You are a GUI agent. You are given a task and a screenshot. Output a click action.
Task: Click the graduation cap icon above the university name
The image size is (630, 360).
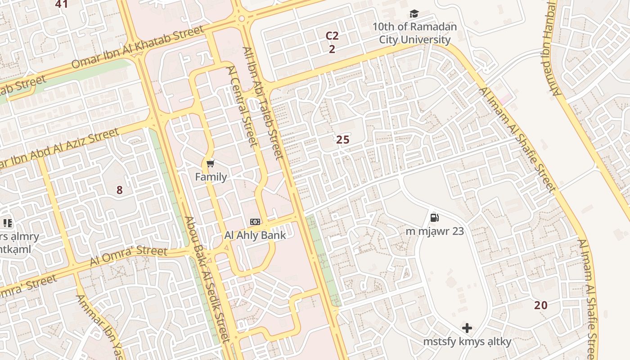(x=414, y=14)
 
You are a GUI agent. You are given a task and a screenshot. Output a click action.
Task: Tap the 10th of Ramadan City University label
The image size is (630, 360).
(x=414, y=33)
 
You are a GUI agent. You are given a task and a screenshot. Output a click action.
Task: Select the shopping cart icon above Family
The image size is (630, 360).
(x=211, y=163)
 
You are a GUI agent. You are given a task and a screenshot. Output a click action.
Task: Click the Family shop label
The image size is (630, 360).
(x=211, y=177)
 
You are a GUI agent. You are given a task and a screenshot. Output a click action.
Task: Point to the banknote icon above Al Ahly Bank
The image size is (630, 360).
(x=255, y=222)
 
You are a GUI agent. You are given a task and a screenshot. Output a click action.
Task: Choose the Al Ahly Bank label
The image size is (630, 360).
(x=255, y=235)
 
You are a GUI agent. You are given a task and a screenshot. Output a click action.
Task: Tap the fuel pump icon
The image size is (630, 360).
(x=435, y=218)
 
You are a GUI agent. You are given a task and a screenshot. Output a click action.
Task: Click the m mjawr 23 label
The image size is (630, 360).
(x=435, y=231)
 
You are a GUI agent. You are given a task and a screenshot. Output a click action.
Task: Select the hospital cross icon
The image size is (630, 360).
(x=467, y=328)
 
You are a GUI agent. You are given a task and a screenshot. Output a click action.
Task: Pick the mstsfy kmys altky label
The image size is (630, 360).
(x=467, y=342)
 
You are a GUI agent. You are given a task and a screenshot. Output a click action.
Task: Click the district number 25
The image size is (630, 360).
(x=343, y=140)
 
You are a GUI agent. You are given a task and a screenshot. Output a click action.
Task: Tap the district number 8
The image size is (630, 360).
(x=119, y=190)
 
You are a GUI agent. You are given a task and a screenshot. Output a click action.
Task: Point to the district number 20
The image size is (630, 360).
(x=541, y=305)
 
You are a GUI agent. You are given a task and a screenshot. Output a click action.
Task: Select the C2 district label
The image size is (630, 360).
(x=332, y=36)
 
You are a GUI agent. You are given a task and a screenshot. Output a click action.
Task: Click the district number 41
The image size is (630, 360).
(x=61, y=4)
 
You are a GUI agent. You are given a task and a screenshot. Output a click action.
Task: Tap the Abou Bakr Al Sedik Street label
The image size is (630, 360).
(x=207, y=279)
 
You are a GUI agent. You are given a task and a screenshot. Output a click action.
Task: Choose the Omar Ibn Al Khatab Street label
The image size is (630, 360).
(x=137, y=47)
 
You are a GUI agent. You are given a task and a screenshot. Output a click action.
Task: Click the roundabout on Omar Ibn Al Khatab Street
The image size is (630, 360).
(x=242, y=18)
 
